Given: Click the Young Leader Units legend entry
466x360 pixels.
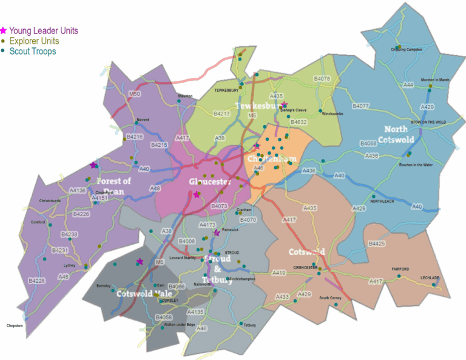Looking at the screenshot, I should pyautogui.click(x=42, y=30).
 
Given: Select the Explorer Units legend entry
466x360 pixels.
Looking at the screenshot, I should pyautogui.click(x=38, y=41).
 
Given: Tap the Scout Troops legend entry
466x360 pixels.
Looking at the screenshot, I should pyautogui.click(x=36, y=51).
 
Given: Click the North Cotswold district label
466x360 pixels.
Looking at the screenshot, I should pyautogui.click(x=408, y=134).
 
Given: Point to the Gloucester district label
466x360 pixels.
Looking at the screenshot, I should pyautogui.click(x=210, y=182).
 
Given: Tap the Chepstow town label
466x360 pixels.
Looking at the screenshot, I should pyautogui.click(x=15, y=326).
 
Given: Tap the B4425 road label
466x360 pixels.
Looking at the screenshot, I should pyautogui.click(x=377, y=243).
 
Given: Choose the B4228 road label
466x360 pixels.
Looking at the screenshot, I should pyautogui.click(x=37, y=280).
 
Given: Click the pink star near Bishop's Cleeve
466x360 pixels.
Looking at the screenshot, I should pyautogui.click(x=283, y=104).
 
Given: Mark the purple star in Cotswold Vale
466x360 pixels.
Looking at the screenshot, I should pyautogui.click(x=140, y=262).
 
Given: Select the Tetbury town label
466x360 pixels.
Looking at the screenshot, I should pyautogui.click(x=249, y=325).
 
